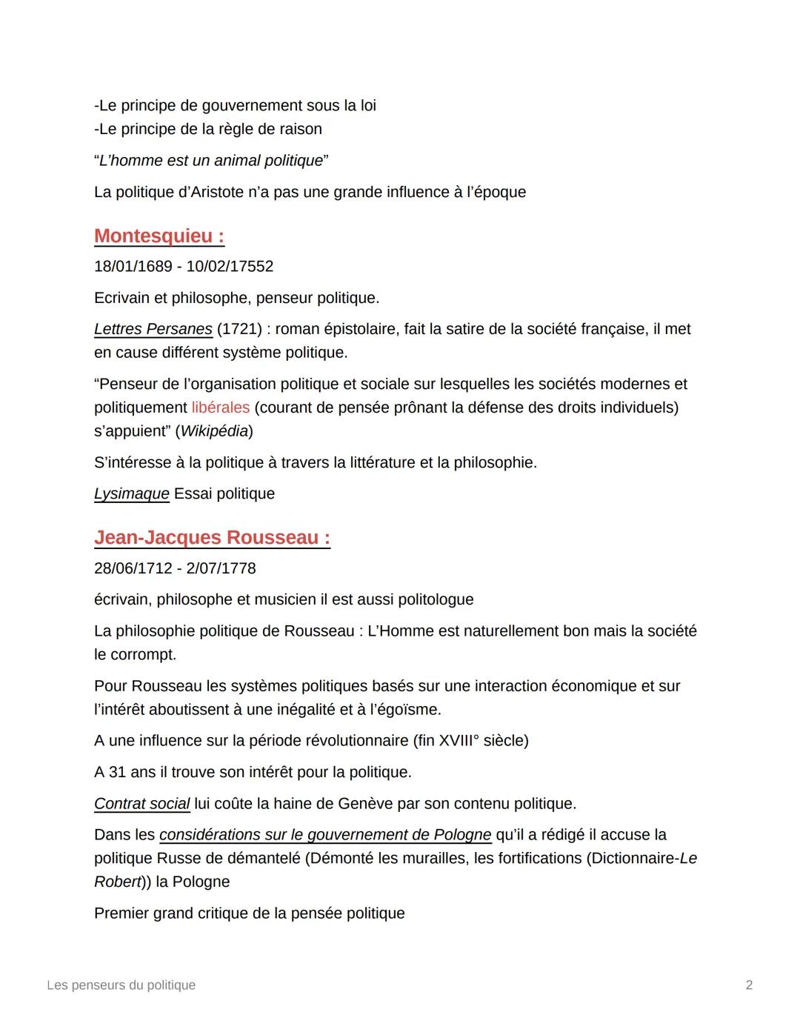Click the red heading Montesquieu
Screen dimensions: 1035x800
point(159,236)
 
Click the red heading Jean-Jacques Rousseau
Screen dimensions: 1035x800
point(212,538)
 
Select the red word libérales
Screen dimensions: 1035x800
point(220,407)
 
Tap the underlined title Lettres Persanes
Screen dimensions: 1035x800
point(153,329)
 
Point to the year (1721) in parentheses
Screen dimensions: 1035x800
point(241,329)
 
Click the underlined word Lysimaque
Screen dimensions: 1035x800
point(131,494)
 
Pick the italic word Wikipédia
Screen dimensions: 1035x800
point(214,431)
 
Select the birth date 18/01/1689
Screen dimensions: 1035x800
point(133,267)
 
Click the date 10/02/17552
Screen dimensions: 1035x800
point(230,267)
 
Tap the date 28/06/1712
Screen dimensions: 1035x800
point(133,568)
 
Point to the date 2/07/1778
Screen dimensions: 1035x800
point(221,568)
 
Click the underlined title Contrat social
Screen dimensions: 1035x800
point(141,804)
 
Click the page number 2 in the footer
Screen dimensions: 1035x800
point(749,985)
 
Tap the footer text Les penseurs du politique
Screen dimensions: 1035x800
point(121,985)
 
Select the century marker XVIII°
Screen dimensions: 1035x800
point(459,741)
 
